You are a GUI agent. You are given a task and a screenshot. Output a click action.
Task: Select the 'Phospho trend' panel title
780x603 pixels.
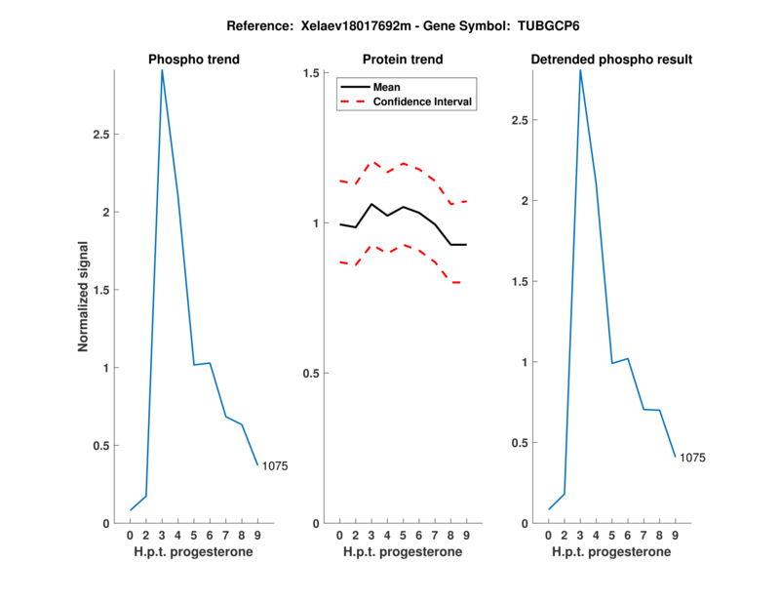tap(194, 60)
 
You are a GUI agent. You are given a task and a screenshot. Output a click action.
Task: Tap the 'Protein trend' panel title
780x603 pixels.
tap(403, 60)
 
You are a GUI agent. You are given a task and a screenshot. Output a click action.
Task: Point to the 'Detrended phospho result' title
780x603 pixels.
tap(611, 60)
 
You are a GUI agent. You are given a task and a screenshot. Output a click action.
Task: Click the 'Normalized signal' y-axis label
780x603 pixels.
tap(84, 297)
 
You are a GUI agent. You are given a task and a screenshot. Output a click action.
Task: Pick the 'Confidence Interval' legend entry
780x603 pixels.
tap(423, 101)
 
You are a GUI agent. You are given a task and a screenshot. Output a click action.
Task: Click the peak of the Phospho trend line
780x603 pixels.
tap(162, 70)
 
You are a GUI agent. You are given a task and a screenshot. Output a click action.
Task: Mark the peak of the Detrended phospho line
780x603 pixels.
tap(580, 70)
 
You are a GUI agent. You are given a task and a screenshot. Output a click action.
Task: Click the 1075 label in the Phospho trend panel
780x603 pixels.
tap(275, 466)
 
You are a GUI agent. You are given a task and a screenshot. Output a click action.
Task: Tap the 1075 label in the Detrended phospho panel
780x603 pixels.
tap(692, 458)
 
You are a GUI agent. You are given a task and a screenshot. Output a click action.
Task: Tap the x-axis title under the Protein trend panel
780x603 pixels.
tap(403, 552)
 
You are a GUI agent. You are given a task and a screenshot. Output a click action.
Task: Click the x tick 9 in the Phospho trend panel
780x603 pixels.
tap(257, 536)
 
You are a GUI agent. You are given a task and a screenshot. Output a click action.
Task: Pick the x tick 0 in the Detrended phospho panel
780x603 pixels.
tap(549, 536)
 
